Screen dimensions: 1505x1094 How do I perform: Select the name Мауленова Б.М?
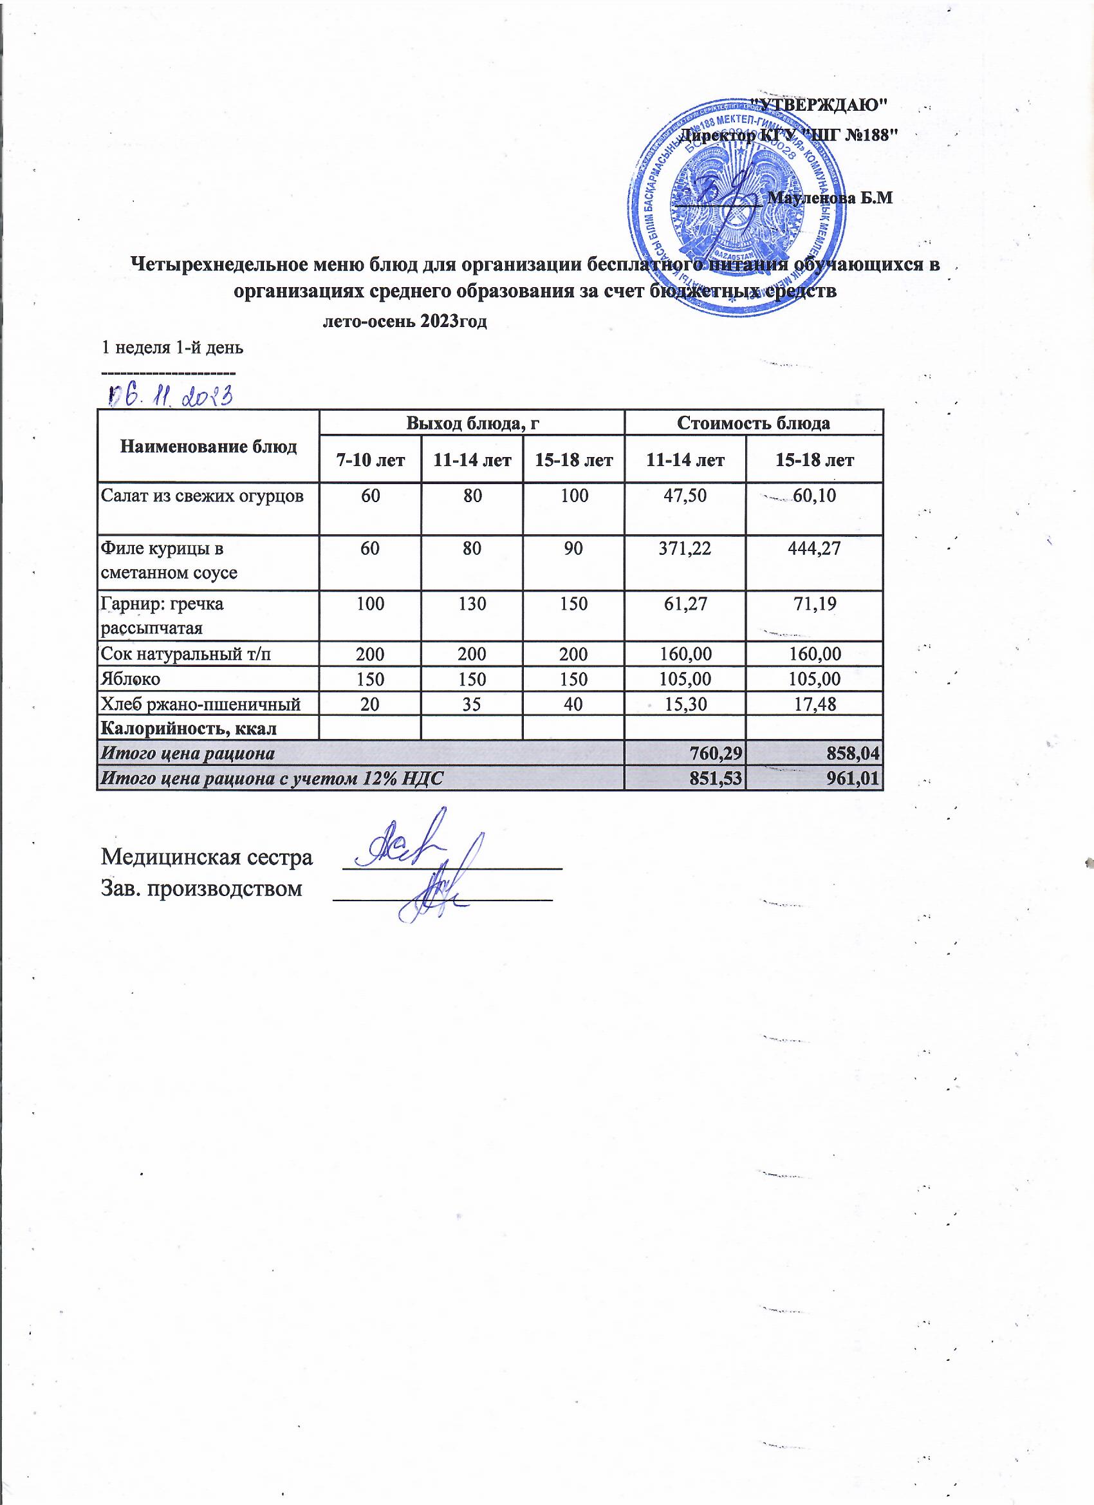[x=830, y=198]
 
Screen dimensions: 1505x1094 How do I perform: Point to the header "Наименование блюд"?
[x=209, y=447]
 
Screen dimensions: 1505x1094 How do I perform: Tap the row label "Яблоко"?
[x=131, y=679]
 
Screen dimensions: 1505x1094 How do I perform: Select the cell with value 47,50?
[x=685, y=496]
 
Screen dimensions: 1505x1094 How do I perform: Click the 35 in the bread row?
[x=472, y=704]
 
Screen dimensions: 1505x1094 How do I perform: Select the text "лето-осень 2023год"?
[x=405, y=323]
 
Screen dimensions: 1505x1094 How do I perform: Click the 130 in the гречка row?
[x=472, y=604]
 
